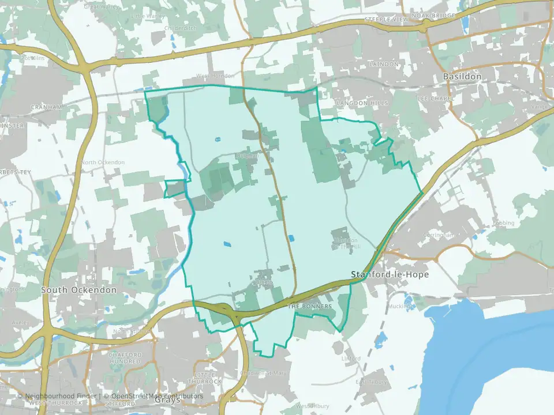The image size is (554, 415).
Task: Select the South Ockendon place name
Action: click(79, 290)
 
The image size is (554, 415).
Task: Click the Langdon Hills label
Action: click(354, 103)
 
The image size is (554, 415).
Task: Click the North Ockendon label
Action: click(103, 163)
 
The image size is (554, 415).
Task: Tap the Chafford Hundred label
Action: click(125, 358)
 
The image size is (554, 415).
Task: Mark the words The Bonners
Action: click(310, 307)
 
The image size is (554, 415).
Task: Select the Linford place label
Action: click(350, 359)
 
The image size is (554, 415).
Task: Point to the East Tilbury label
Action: click(369, 382)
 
